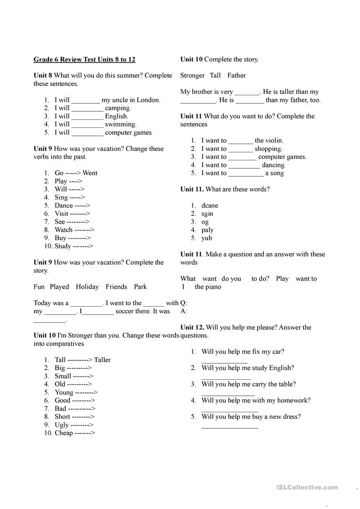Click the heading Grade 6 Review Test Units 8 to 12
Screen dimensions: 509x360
click(84, 59)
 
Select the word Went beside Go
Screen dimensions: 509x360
click(90, 173)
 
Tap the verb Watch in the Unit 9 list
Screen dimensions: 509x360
click(64, 230)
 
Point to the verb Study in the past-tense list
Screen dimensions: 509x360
click(63, 246)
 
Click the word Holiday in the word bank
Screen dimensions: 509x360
click(87, 287)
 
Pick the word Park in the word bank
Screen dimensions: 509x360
click(140, 287)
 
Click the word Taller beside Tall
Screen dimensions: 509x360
click(102, 360)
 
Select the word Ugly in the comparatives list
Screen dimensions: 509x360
click(62, 425)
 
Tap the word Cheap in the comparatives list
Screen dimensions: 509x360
click(64, 433)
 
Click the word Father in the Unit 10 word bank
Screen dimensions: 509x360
click(236, 75)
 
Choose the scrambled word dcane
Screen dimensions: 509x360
click(209, 206)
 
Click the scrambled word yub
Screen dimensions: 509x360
click(207, 238)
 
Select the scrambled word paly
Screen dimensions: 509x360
click(208, 230)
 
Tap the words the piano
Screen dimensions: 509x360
click(208, 287)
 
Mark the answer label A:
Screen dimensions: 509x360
click(184, 311)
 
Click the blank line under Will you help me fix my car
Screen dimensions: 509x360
click(224, 362)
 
